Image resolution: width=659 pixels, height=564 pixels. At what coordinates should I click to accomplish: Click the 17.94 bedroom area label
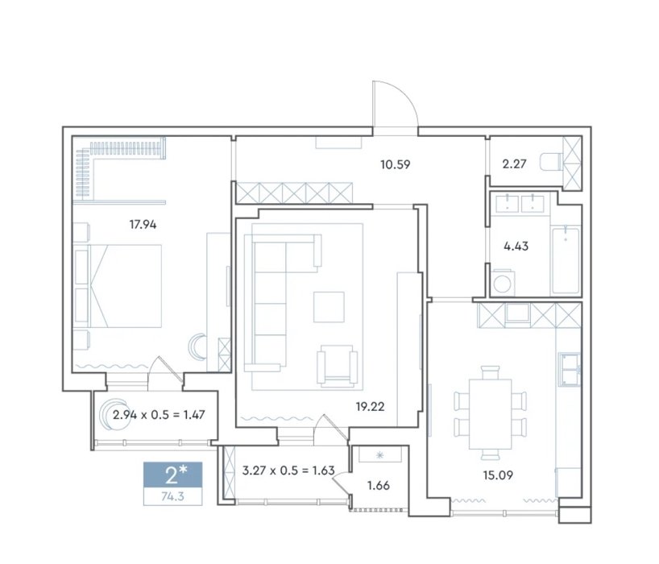143,225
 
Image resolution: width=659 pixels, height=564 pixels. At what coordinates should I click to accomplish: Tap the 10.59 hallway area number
395,164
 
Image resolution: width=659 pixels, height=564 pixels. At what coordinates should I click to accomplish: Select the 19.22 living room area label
370,407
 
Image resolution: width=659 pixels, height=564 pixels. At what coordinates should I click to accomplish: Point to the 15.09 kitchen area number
498,475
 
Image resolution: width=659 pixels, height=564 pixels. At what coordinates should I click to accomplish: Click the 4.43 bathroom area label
516,247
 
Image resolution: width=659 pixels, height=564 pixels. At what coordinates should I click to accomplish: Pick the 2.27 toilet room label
514,164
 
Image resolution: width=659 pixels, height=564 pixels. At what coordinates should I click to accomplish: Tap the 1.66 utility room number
379,486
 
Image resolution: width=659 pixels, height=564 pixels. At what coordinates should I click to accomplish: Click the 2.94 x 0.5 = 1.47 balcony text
159,415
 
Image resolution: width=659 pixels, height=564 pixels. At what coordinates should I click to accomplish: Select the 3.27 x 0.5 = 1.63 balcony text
288,471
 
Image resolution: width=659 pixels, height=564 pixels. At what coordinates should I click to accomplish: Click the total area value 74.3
172,497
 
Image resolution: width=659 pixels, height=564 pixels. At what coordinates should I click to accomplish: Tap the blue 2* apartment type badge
172,475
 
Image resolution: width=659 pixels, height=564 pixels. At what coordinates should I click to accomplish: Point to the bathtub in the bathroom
566,260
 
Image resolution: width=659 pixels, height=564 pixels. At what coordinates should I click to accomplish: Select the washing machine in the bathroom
502,283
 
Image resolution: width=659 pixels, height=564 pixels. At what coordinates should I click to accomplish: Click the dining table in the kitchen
491,414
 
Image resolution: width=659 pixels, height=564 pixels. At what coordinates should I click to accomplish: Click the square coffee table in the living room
329,307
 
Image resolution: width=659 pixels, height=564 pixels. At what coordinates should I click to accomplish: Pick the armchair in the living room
337,366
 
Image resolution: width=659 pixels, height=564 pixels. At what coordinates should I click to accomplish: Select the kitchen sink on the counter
570,369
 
